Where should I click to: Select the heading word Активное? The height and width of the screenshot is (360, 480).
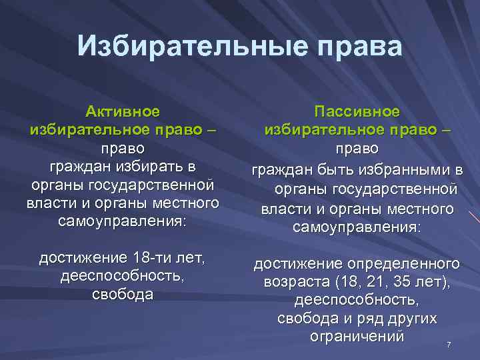point(123,111)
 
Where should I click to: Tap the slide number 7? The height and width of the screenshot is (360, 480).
point(449,345)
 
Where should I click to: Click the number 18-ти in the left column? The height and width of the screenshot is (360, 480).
point(153,258)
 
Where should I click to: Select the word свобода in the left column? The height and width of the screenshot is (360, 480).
point(123,295)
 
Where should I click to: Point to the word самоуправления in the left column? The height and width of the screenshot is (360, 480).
point(121,221)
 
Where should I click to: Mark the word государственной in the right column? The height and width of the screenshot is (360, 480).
point(401,190)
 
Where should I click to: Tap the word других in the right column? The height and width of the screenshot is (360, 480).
point(411,319)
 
